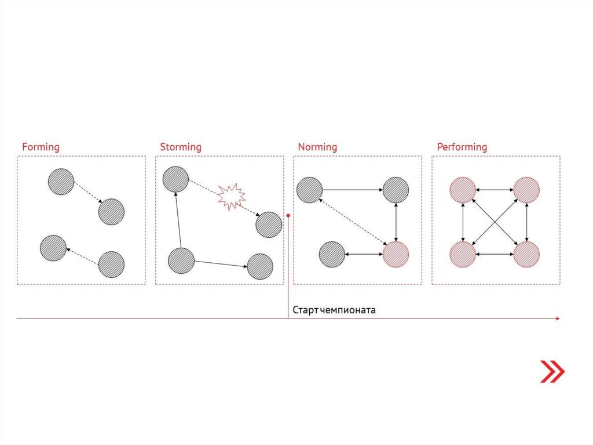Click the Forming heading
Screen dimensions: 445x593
[41, 147]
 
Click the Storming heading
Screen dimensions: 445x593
[181, 147]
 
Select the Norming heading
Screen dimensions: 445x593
[317, 147]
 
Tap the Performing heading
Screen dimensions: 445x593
[462, 147]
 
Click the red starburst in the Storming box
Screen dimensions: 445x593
[231, 196]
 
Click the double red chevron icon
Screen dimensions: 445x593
[552, 371]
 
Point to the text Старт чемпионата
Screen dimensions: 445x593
[334, 310]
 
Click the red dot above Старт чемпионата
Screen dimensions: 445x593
[288, 215]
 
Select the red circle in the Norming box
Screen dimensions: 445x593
[396, 254]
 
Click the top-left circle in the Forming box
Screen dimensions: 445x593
[61, 182]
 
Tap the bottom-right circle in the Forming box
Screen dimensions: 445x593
[111, 265]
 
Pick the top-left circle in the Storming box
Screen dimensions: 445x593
[175, 179]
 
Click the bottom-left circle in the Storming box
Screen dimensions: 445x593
[181, 260]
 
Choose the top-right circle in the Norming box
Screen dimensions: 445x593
[396, 190]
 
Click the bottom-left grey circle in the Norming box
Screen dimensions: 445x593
[332, 254]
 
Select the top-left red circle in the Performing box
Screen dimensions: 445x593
[463, 190]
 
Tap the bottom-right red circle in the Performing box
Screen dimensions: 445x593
[526, 254]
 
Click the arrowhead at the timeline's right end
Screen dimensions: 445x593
[557, 319]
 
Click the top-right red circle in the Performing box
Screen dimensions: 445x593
[526, 190]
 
